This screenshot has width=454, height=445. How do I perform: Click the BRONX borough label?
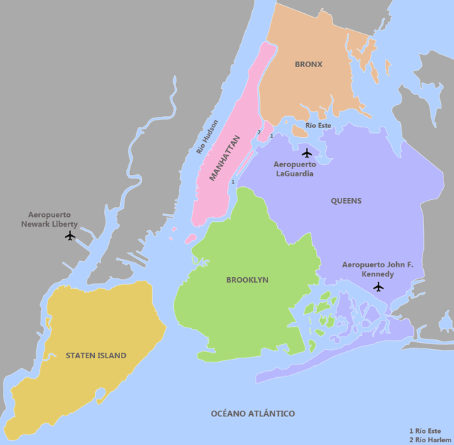[308, 64]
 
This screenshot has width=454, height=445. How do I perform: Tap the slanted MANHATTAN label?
[224, 157]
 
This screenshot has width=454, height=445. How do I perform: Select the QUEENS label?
[346, 201]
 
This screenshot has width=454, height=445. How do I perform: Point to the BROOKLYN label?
[247, 280]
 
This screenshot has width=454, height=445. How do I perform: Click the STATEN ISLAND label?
[96, 355]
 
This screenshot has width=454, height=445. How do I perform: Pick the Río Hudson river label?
[207, 137]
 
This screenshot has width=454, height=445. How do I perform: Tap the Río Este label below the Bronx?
[318, 125]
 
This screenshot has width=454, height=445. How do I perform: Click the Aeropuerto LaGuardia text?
[294, 169]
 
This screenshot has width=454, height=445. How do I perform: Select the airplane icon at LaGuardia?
[307, 153]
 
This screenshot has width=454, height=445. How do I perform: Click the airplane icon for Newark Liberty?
[69, 236]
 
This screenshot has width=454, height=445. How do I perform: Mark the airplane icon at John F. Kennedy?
[379, 286]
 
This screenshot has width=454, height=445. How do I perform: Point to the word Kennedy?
[378, 274]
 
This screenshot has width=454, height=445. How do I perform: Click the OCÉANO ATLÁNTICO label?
[253, 414]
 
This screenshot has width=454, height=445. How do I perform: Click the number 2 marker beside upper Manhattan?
[259, 132]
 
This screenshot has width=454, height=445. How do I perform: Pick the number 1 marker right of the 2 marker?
[271, 135]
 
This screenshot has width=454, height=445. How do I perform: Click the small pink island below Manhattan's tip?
[190, 239]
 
